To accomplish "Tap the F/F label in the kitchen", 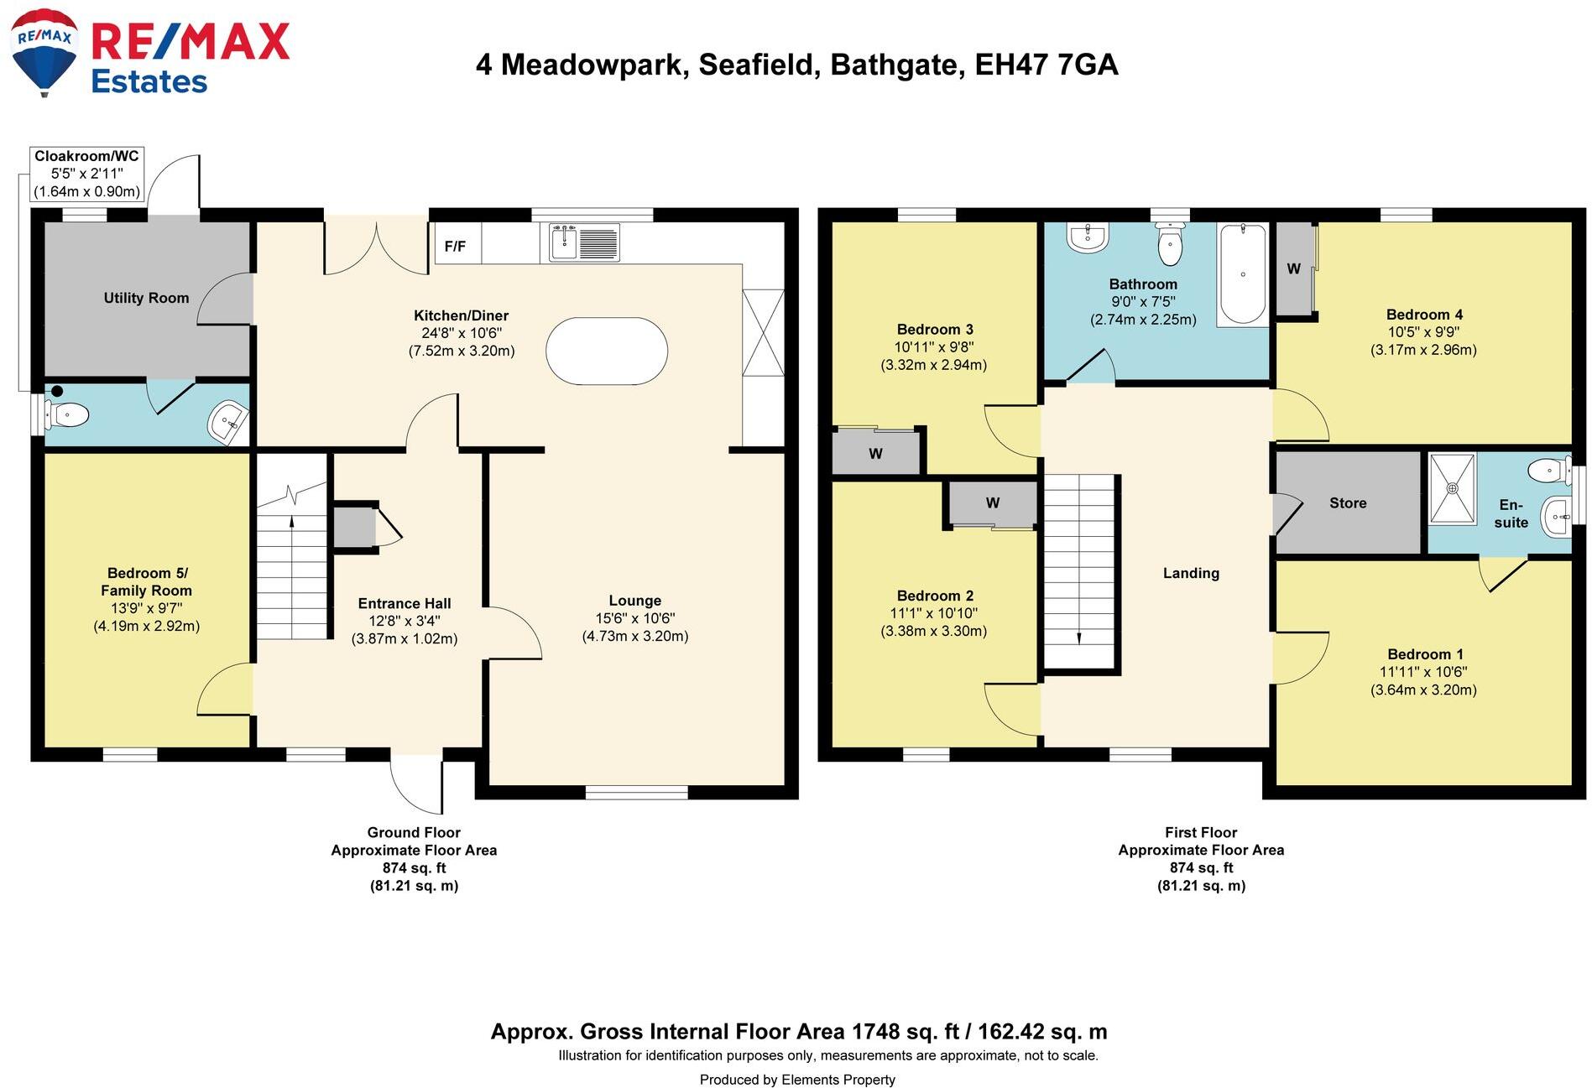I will point(455,247).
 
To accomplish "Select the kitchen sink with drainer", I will point(585,242).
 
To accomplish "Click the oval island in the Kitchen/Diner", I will point(606,351).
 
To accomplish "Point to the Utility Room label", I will point(146,298).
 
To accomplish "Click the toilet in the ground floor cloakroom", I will point(67,414).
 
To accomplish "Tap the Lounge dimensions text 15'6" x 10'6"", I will point(634,618).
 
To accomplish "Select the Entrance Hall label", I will point(404,603).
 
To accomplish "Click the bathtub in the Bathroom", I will point(1242,273).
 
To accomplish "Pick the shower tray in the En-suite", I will point(1452,488).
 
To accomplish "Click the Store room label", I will point(1347,503).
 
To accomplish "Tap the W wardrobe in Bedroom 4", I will point(1293,269).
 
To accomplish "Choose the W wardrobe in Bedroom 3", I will point(875,454).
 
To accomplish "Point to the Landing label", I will point(1190,573).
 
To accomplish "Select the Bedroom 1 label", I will point(1424,654).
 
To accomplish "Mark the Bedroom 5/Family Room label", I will point(147,581).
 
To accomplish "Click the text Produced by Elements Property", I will point(796,1080).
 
